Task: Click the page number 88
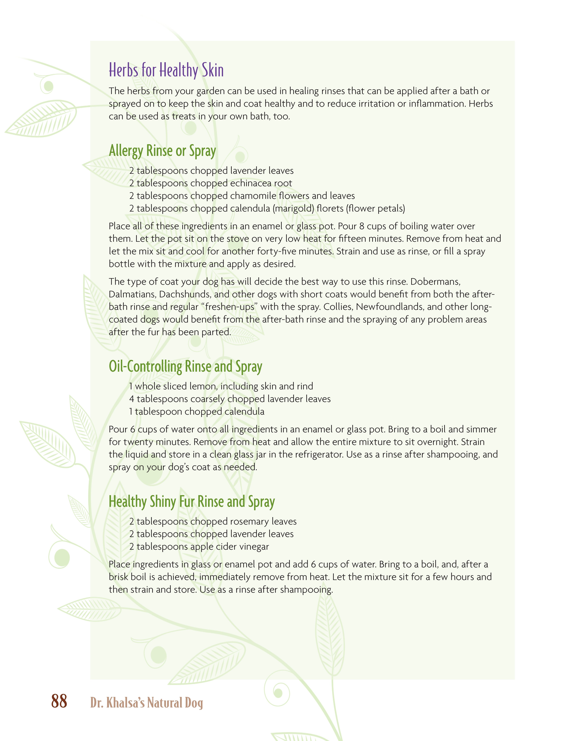pos(59,701)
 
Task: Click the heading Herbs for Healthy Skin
pos(166,70)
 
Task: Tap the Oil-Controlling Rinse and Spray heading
pos(185,366)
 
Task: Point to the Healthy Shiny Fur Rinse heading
pos(192,501)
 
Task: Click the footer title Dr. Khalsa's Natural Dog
pos(147,702)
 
